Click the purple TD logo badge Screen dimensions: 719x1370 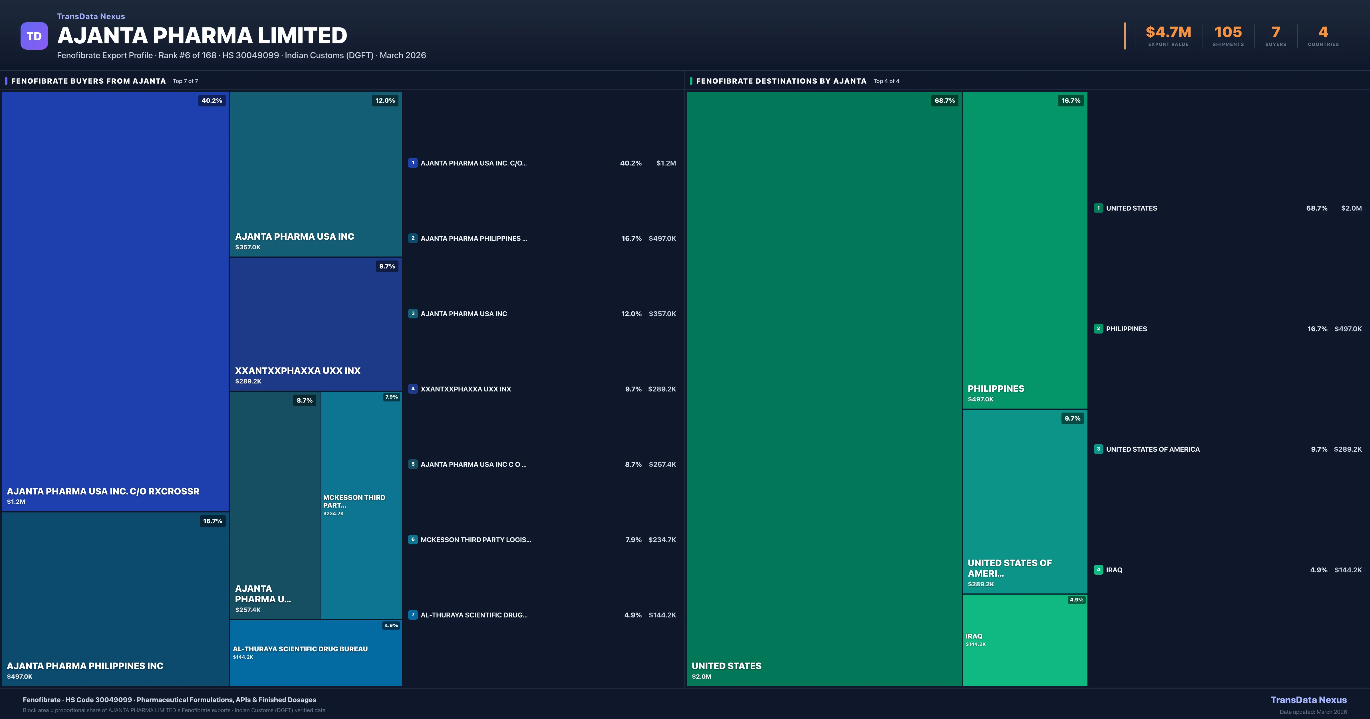point(34,36)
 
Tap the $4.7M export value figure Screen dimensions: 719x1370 point(1168,33)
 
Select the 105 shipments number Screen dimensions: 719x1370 point(1228,33)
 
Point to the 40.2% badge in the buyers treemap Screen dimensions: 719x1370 point(212,100)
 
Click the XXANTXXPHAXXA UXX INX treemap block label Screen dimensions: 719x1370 point(298,371)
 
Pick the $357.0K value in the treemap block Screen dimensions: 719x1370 point(248,247)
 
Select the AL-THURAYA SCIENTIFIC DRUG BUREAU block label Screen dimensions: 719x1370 point(300,649)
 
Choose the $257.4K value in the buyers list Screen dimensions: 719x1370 point(662,464)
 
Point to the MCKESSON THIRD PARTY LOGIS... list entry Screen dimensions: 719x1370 point(476,540)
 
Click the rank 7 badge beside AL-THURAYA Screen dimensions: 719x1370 point(413,615)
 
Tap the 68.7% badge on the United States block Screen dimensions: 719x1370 point(944,100)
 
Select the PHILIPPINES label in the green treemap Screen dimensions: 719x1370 point(996,389)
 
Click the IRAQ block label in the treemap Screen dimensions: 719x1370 point(974,636)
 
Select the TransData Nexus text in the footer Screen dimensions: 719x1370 point(1308,700)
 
